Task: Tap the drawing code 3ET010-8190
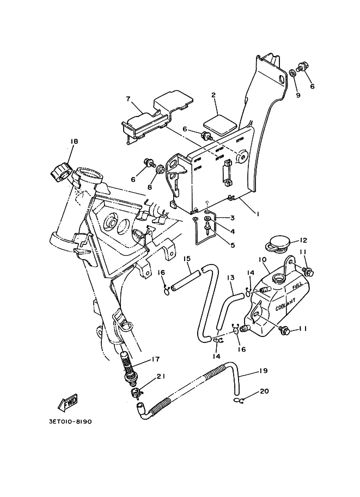pos(70,421)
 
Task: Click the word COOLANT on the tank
pos(285,304)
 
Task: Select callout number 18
pos(74,142)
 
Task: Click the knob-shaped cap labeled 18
pos(59,171)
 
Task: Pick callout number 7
pos(128,99)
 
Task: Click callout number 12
pos(303,241)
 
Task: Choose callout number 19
pos(263,371)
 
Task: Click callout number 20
pos(264,391)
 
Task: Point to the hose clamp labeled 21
pos(136,392)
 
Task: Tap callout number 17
pos(155,359)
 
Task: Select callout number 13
pos(230,278)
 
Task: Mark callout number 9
pos(298,95)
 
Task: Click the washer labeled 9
pos(294,73)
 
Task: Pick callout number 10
pos(263,260)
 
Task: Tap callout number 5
pos(233,245)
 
